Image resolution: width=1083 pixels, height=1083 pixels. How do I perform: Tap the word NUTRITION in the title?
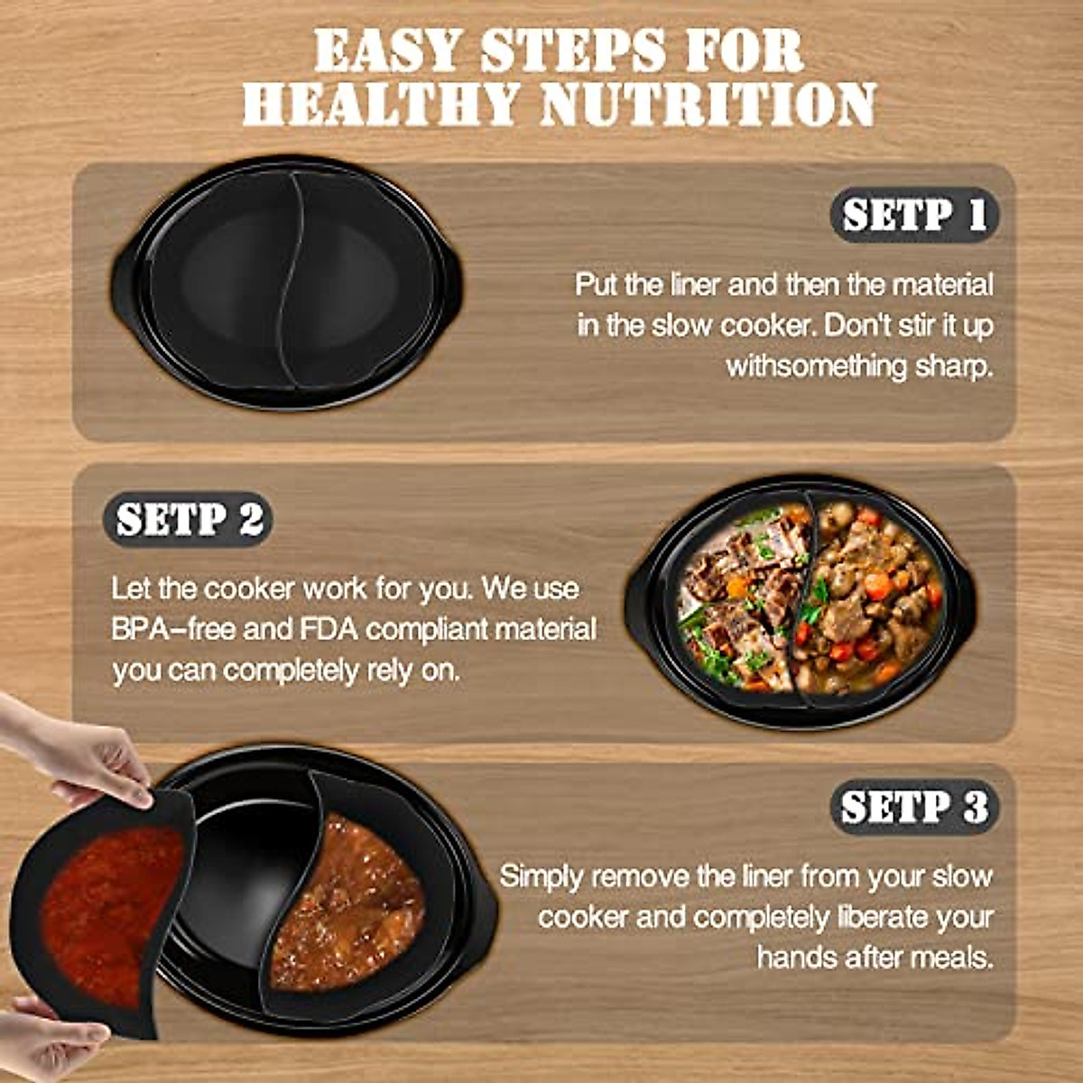point(708,104)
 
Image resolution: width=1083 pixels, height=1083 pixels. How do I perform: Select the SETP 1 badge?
point(914,215)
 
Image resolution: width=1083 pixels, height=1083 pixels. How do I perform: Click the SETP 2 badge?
point(189,520)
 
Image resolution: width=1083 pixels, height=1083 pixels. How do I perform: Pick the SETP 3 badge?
point(914,807)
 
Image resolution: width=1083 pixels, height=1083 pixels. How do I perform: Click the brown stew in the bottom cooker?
point(347,912)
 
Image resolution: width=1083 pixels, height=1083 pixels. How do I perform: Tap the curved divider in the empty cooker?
point(289,280)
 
